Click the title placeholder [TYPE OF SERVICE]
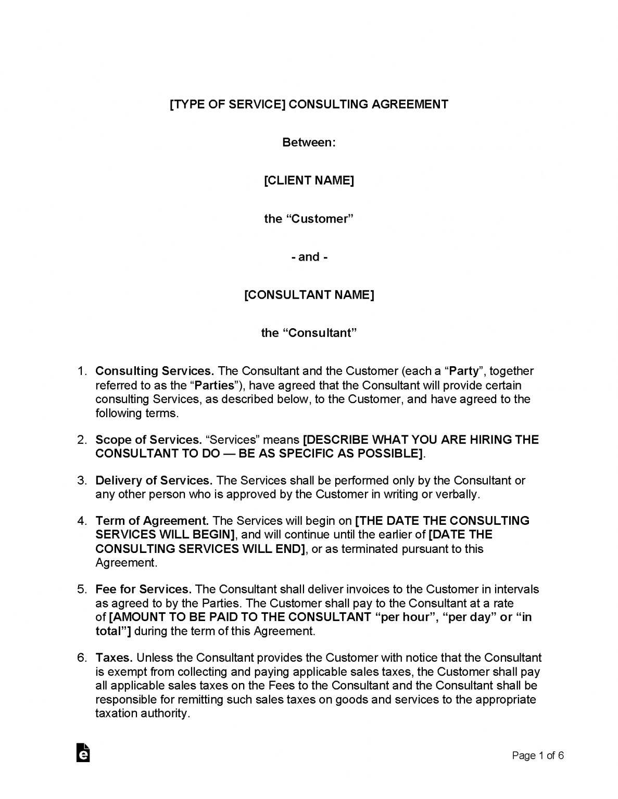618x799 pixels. tap(228, 104)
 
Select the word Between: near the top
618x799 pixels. tap(309, 143)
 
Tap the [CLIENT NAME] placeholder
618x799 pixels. tap(309, 181)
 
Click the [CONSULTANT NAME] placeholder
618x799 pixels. tap(309, 295)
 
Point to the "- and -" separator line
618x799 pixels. tap(309, 257)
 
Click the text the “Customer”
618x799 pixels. tap(309, 218)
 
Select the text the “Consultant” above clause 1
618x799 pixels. tap(309, 333)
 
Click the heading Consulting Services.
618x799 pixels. tap(155, 371)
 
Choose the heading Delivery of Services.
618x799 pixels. tap(154, 480)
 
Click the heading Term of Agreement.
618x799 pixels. tap(152, 521)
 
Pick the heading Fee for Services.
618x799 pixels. tap(144, 589)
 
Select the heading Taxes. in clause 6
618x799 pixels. tap(114, 658)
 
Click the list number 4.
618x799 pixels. tap(82, 521)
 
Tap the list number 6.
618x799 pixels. tap(82, 658)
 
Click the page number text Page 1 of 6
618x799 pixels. tap(538, 755)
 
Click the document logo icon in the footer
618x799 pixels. tap(83, 752)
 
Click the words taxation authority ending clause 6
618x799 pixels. tap(142, 713)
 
